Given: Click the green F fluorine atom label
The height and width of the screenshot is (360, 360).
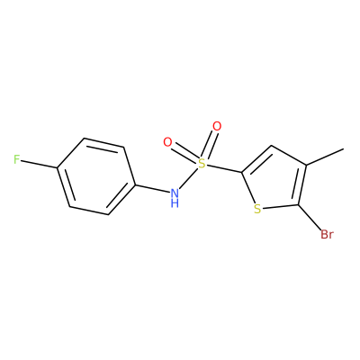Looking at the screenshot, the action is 17,159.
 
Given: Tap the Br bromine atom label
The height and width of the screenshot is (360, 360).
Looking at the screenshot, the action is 327,234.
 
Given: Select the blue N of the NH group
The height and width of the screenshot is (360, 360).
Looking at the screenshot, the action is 175,193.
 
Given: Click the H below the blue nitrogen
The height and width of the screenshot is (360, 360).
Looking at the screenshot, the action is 175,203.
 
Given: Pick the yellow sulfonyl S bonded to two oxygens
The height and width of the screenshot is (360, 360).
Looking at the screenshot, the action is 202,164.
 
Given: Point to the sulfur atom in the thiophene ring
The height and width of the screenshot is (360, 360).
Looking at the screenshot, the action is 257,209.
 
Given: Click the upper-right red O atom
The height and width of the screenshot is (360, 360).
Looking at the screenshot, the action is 217,126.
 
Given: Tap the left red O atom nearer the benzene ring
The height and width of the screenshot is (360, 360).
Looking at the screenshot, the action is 167,142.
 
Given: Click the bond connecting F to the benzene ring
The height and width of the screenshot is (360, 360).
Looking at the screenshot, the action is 39,164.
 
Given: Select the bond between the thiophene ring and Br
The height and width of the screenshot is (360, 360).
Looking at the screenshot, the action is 310,218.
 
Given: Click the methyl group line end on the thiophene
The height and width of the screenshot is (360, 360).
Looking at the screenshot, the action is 343,148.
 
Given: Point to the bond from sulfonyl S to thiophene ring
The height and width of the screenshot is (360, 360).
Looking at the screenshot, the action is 224,168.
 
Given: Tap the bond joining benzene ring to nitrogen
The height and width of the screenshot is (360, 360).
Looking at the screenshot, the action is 152,188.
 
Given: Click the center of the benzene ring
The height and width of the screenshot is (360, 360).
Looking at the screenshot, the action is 96,176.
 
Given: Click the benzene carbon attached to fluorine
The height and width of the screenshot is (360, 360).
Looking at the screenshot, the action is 57,168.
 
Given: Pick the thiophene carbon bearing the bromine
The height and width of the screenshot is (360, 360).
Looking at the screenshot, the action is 298,205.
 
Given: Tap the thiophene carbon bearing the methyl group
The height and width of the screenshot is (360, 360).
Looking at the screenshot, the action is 306,165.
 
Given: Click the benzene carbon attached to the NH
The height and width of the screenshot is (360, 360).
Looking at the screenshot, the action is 135,184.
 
